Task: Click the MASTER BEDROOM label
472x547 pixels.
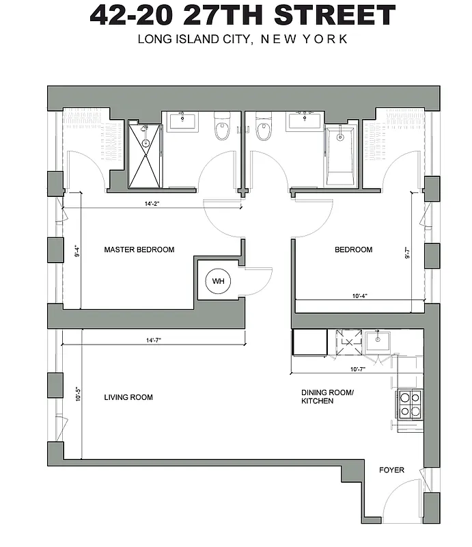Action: [x=139, y=250]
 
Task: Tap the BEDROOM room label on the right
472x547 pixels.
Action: [x=353, y=250]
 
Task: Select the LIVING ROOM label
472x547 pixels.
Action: [x=128, y=397]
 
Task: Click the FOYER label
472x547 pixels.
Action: [x=391, y=470]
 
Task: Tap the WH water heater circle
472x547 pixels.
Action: [x=218, y=281]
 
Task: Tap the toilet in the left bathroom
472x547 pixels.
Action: [x=222, y=127]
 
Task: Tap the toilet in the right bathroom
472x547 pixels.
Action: [x=264, y=127]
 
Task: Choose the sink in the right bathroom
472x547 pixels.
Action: [x=305, y=121]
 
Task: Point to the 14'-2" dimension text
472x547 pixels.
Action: [x=152, y=203]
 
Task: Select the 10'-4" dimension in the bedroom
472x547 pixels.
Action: [x=361, y=296]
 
